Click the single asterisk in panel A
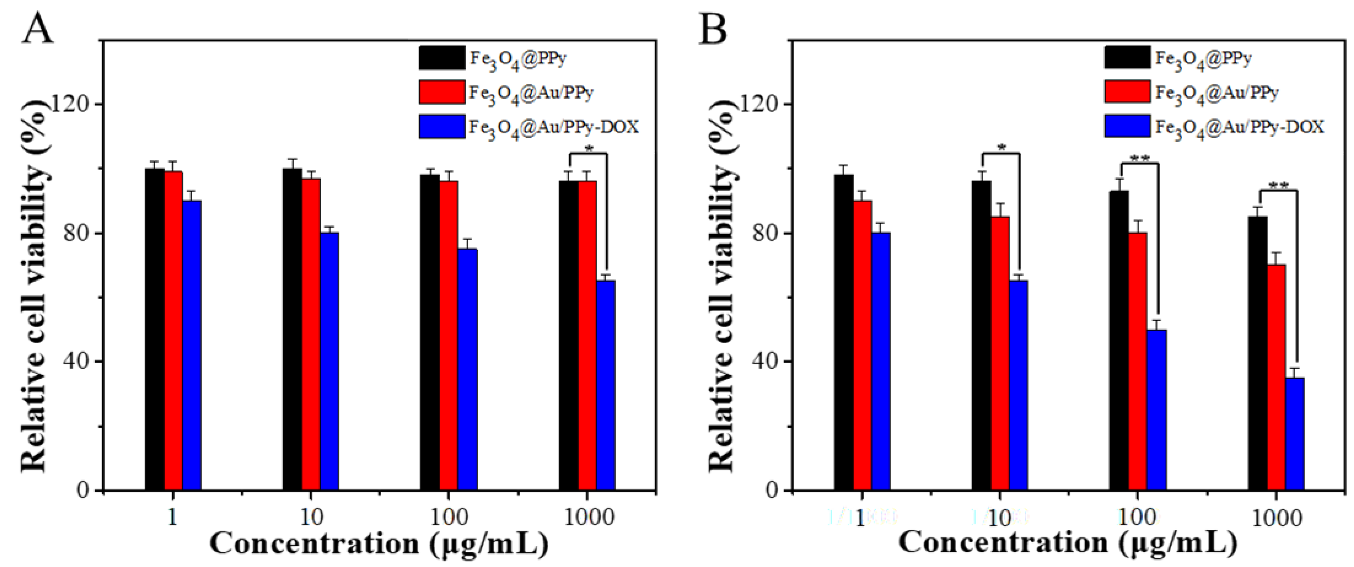point(589,149)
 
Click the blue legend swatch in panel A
point(441,126)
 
